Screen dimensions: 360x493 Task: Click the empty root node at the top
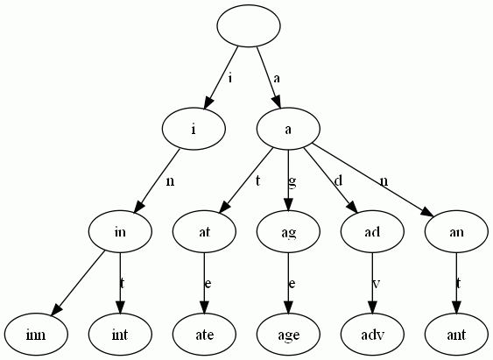click(x=248, y=25)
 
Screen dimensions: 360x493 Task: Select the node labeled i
click(x=194, y=129)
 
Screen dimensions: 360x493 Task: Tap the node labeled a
click(x=288, y=129)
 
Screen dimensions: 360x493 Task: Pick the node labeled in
click(x=120, y=231)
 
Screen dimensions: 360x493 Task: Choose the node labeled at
click(x=204, y=231)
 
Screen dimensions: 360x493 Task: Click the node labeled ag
click(x=288, y=231)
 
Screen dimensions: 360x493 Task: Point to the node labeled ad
click(x=372, y=231)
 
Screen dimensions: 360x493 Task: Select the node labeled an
click(x=456, y=231)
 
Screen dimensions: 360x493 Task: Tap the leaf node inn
click(x=36, y=334)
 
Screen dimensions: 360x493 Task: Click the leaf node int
click(x=120, y=334)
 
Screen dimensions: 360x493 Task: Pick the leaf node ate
click(x=204, y=334)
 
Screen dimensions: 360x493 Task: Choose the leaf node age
click(x=288, y=334)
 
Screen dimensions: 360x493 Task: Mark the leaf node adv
click(x=372, y=334)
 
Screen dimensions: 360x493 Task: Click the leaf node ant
click(x=456, y=334)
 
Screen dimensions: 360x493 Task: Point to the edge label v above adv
click(x=377, y=283)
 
